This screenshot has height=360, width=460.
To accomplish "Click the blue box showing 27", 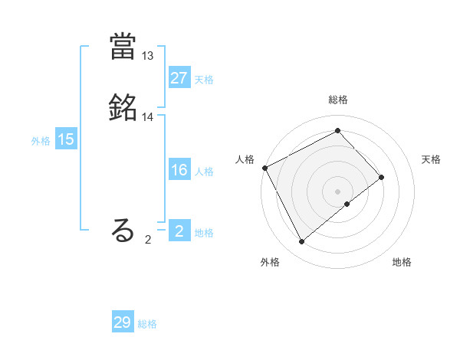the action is click(179, 79).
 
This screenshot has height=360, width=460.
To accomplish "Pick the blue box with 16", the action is click(179, 171).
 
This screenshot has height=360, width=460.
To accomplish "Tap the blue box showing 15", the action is click(66, 139).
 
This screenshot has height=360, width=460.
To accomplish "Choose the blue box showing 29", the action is click(123, 322).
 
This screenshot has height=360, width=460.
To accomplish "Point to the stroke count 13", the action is click(148, 56).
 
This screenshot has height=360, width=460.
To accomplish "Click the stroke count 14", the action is click(148, 117).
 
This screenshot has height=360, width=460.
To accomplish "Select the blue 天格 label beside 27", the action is click(204, 80).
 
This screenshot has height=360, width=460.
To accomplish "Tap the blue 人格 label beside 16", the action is click(204, 172).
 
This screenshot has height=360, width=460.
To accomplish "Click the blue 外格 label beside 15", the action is click(41, 140).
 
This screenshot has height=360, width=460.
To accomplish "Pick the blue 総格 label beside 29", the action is click(148, 323).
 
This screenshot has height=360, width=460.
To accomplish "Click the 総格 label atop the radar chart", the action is click(338, 100).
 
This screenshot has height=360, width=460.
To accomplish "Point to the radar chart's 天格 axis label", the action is click(431, 159).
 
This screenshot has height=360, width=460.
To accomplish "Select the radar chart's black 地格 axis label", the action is click(402, 262).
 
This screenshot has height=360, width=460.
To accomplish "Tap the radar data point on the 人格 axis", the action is click(264, 168).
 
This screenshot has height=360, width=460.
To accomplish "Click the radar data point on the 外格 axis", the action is click(301, 242).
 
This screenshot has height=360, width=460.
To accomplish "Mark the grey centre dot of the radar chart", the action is click(338, 191).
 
